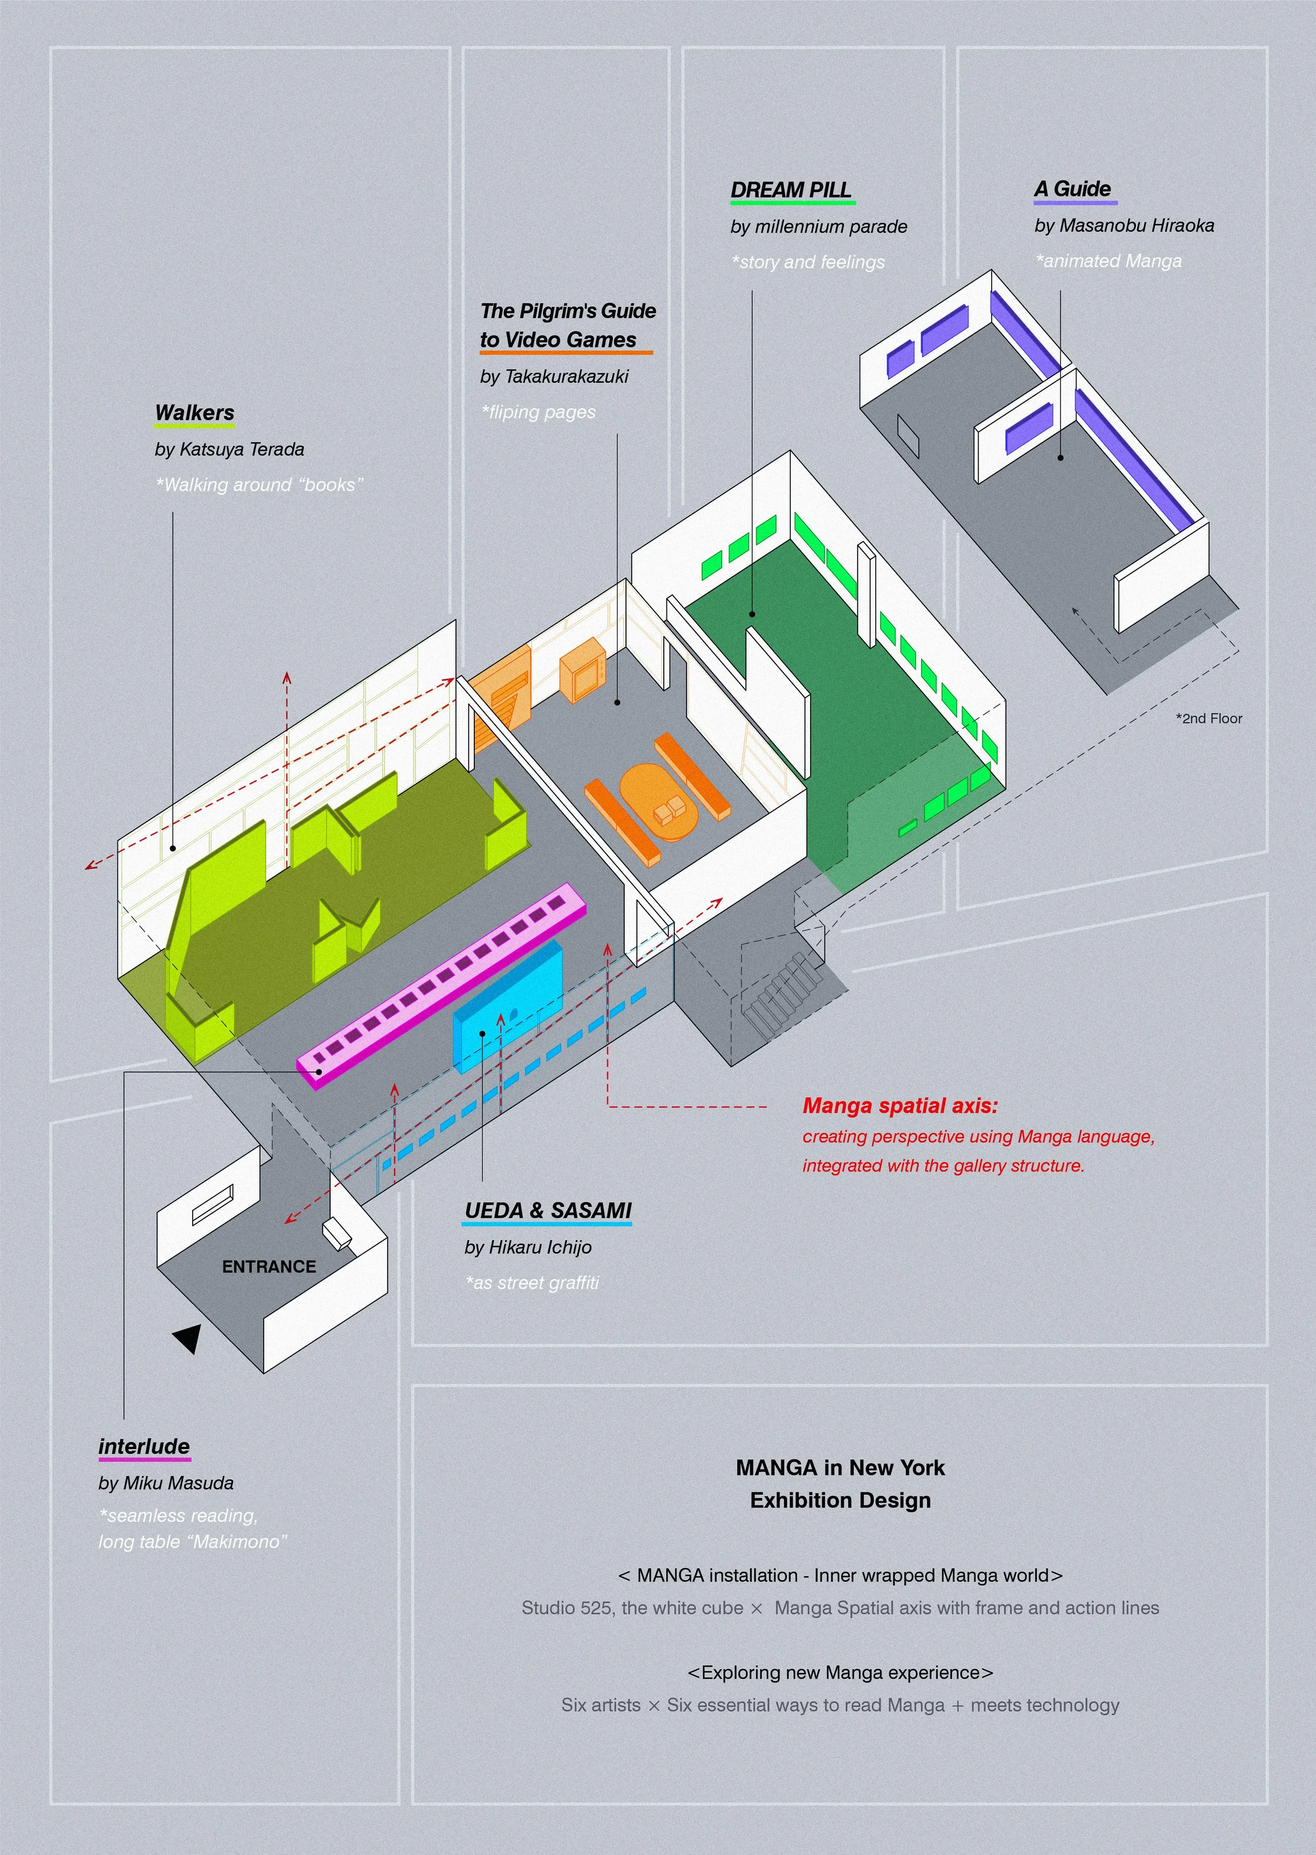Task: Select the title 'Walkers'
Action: coord(194,412)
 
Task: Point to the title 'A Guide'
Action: coord(1072,189)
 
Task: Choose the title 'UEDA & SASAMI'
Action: coord(548,1211)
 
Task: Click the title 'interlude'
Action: coord(144,1446)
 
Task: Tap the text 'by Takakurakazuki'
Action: coord(554,376)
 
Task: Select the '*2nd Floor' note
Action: coord(1208,718)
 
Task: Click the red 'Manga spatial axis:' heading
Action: coord(900,1105)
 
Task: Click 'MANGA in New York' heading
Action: coord(840,1467)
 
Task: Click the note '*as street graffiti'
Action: coord(532,1283)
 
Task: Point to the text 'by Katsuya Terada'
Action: coord(230,449)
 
